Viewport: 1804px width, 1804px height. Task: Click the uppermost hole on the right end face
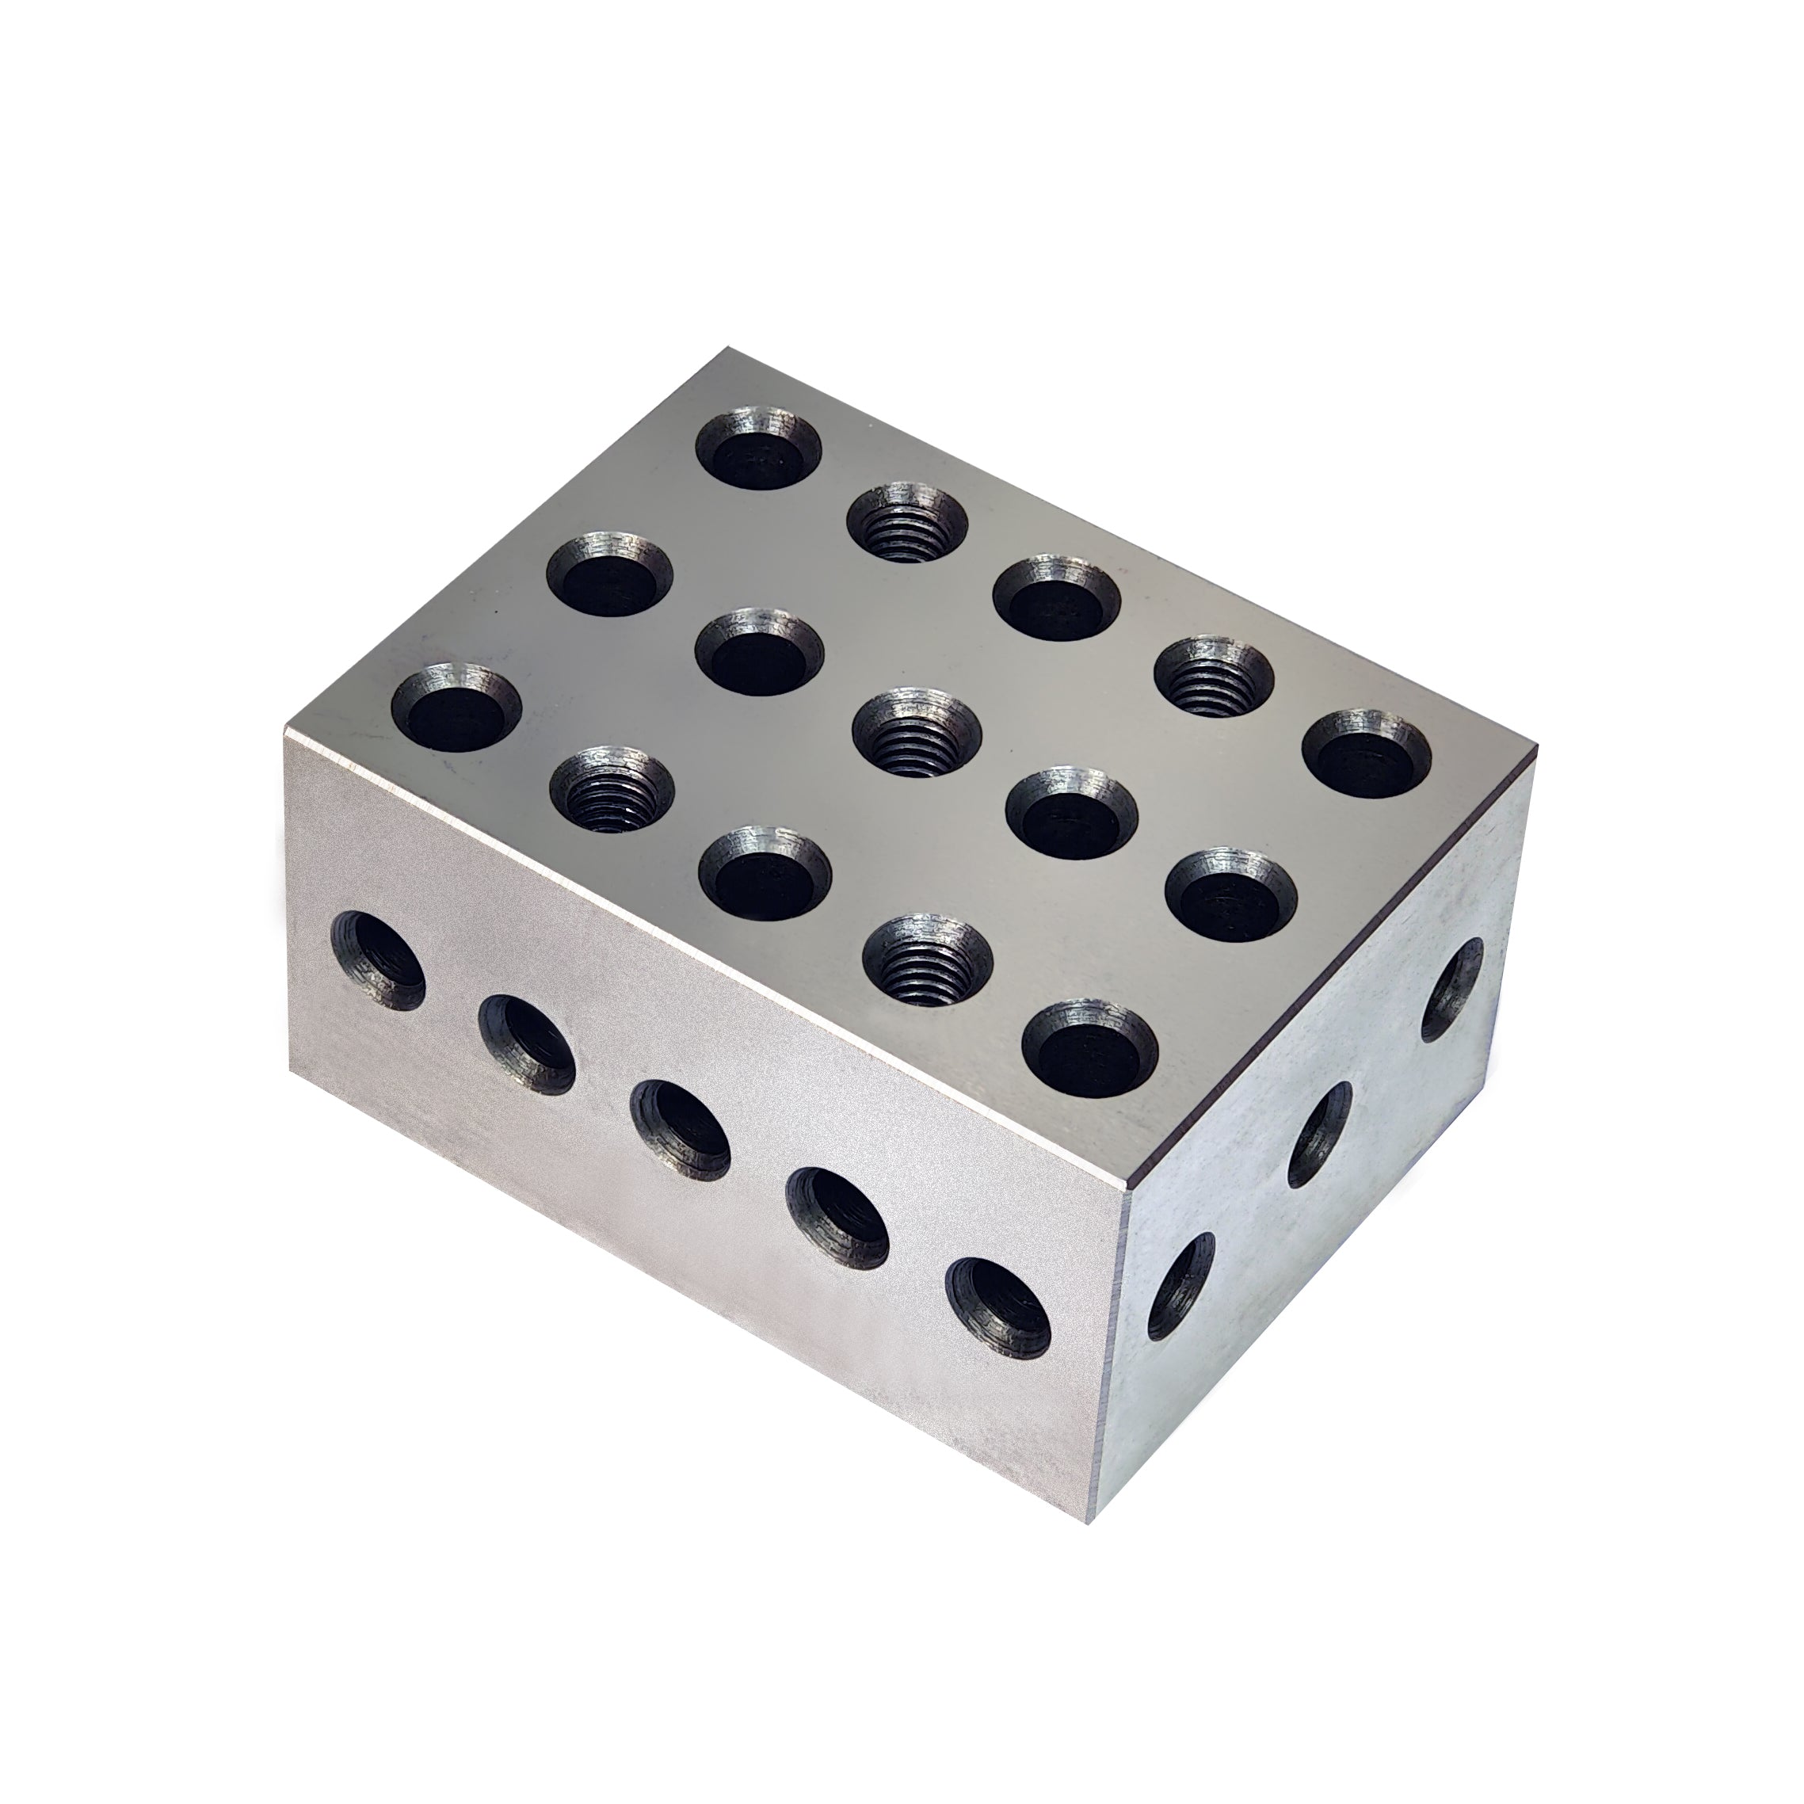pyautogui.click(x=1452, y=990)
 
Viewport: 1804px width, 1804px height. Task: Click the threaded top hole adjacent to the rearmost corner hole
pyautogui.click(x=906, y=521)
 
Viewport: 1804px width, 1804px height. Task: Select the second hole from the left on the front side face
pyautogui.click(x=528, y=1042)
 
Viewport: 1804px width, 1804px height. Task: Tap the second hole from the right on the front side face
pyautogui.click(x=837, y=1214)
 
